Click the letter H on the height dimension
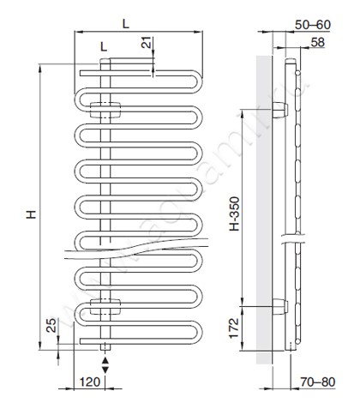coord(29,214)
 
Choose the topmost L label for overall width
coord(126,24)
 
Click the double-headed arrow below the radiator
coord(105,364)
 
